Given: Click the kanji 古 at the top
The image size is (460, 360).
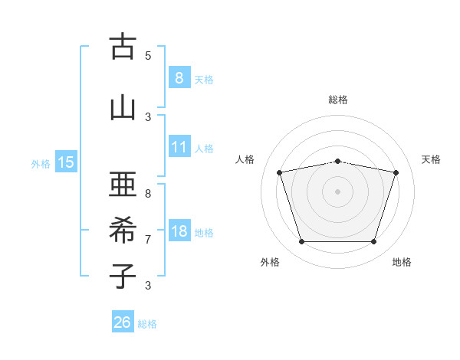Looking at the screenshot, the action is pos(123,46).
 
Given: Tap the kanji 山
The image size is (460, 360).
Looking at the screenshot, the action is pos(123,109).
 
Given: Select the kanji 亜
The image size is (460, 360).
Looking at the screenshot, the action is pos(123,184).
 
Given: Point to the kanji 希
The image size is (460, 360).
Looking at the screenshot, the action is pos(123,230).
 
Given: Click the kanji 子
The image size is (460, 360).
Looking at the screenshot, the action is pos(123,276).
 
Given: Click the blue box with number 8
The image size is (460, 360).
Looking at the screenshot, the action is pos(179,77).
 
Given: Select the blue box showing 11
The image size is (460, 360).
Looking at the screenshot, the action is pos(179,146).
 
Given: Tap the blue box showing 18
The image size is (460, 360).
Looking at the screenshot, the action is pos(179,230).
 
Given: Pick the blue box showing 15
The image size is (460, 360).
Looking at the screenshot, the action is pos(66,162).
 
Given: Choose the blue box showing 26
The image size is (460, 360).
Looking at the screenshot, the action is pos(123,321).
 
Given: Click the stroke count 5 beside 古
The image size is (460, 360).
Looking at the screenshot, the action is pos(148,56).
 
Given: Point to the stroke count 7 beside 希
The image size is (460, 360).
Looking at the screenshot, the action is pos(148,240).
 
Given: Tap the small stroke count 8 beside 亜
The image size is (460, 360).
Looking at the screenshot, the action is pos(148,194).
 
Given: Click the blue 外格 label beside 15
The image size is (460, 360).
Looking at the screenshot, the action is pos(41,164).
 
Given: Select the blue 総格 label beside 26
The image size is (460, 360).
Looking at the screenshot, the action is pos(147,324).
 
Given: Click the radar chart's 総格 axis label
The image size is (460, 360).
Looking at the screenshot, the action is pos(338,100).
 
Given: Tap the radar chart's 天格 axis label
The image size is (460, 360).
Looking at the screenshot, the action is pos(431,159).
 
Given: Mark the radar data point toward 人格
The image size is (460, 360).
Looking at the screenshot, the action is pos(280,172).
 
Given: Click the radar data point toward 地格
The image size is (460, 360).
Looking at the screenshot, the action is pos(373,242).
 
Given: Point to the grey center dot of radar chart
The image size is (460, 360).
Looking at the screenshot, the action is pos(337,191).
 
